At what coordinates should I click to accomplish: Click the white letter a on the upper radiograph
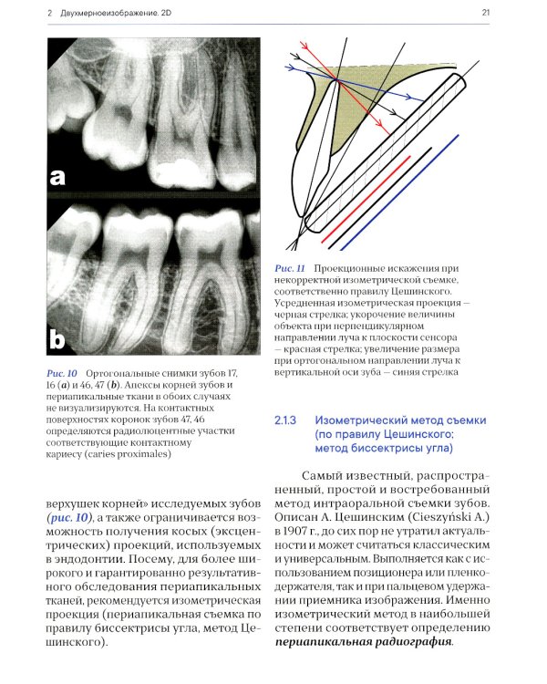tap(59, 179)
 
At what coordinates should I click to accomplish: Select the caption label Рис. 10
tap(60, 374)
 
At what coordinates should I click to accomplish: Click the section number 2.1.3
tap(286, 420)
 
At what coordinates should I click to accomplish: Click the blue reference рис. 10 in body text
tap(72, 517)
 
